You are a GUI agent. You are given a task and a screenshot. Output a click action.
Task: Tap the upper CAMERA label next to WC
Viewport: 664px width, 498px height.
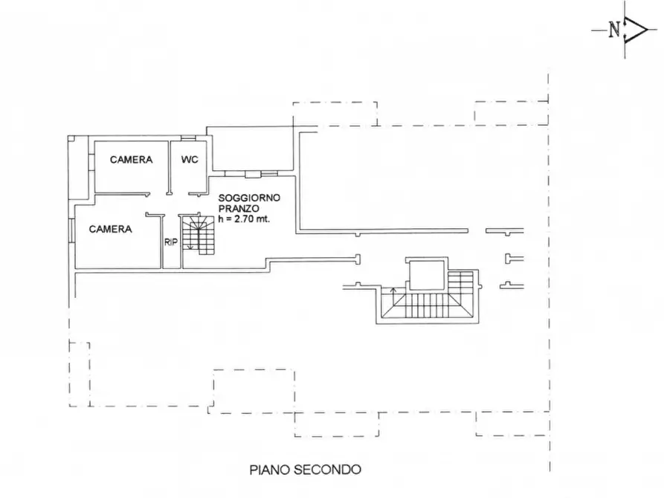point(131,159)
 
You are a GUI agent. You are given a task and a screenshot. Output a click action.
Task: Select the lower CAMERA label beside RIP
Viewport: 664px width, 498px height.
point(110,229)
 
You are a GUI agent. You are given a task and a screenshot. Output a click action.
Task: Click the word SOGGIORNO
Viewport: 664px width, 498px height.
point(248,199)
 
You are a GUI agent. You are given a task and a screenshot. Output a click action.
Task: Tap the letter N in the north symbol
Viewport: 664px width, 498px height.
point(614,30)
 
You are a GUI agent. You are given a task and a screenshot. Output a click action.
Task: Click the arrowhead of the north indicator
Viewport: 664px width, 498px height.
point(638,30)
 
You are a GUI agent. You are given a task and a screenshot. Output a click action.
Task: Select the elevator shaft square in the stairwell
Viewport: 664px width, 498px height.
point(426,277)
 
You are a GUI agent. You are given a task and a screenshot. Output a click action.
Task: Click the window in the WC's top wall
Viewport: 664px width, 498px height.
point(188,139)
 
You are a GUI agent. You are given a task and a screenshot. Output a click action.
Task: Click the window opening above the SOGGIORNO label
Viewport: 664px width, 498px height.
point(253,174)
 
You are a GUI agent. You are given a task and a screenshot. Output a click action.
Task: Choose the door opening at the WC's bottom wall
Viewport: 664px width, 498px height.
point(197,194)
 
